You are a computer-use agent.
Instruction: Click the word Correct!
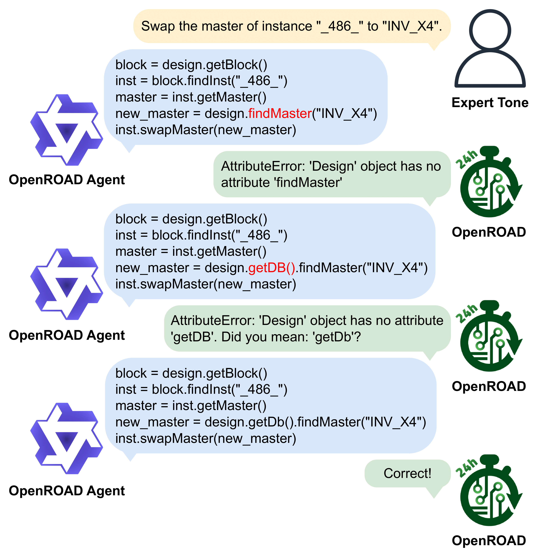pyautogui.click(x=407, y=473)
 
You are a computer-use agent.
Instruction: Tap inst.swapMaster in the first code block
pyautogui.click(x=164, y=130)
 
